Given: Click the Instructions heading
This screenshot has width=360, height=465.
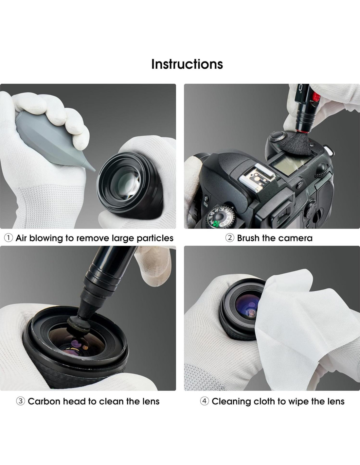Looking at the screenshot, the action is pyautogui.click(x=187, y=64).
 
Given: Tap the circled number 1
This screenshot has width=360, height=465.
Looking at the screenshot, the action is pyautogui.click(x=9, y=238).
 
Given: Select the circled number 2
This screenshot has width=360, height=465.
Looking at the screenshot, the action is pyautogui.click(x=230, y=238).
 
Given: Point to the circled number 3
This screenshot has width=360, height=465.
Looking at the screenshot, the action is pyautogui.click(x=21, y=401).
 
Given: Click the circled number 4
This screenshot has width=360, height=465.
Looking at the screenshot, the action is pyautogui.click(x=205, y=401).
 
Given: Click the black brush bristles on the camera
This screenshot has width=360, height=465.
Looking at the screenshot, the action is pyautogui.click(x=295, y=143).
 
